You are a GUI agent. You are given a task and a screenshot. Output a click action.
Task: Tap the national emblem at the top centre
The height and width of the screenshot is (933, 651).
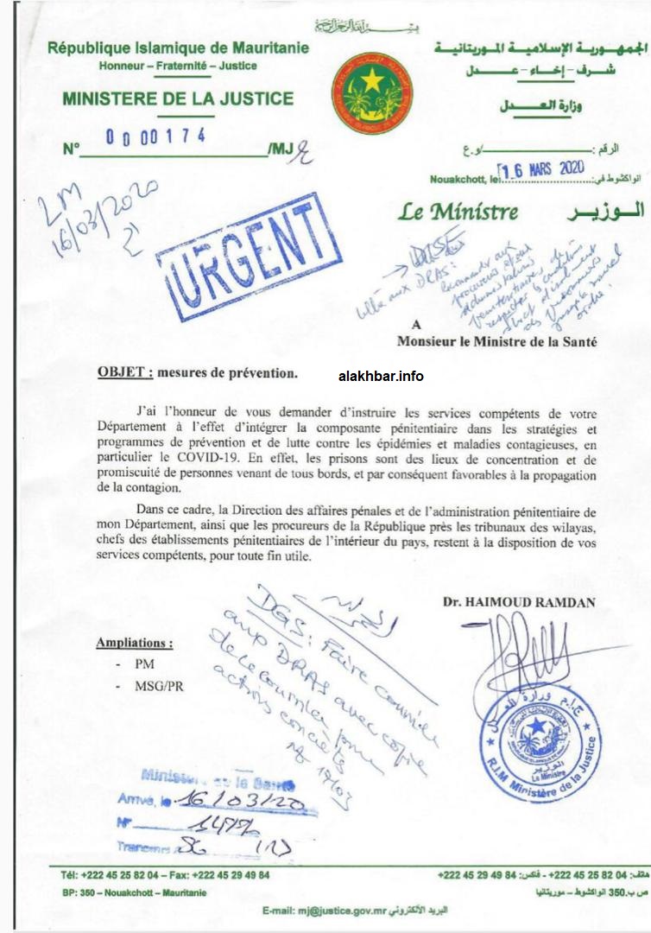pyautogui.click(x=371, y=92)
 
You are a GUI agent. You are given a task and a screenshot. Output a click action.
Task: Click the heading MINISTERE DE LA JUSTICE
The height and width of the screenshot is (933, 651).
pyautogui.click(x=178, y=98)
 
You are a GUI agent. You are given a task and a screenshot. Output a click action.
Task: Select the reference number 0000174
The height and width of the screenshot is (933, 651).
pyautogui.click(x=157, y=136)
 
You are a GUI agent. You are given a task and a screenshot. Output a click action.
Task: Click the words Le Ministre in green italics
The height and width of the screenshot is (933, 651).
pyautogui.click(x=458, y=211)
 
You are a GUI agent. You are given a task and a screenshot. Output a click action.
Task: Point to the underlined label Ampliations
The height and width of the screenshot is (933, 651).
pyautogui.click(x=134, y=644)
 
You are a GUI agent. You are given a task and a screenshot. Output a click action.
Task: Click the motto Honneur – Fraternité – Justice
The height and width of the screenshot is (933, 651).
pyautogui.click(x=177, y=66)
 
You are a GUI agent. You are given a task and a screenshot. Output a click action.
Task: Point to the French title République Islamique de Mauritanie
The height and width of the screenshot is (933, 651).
pyautogui.click(x=177, y=48)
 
